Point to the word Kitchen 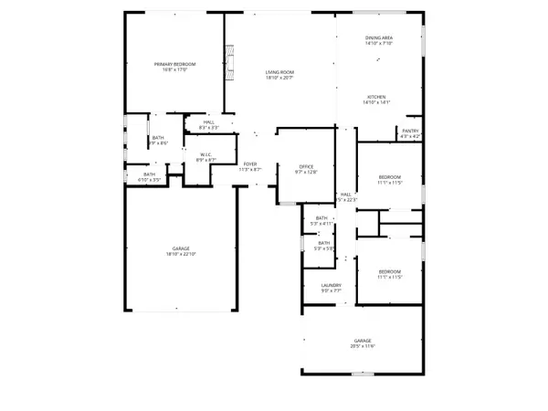point(378,97)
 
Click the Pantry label point(410,131)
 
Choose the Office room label point(305,166)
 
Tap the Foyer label point(250,164)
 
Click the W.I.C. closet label point(207,154)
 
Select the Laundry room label point(331,286)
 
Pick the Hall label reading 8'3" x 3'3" point(208,122)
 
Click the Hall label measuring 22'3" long point(346,195)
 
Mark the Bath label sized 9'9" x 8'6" point(158,138)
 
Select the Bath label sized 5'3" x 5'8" point(324,243)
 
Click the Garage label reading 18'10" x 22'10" point(181,249)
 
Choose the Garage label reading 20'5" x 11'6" point(363,341)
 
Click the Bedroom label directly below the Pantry point(390,178)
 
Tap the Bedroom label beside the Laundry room point(390,271)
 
